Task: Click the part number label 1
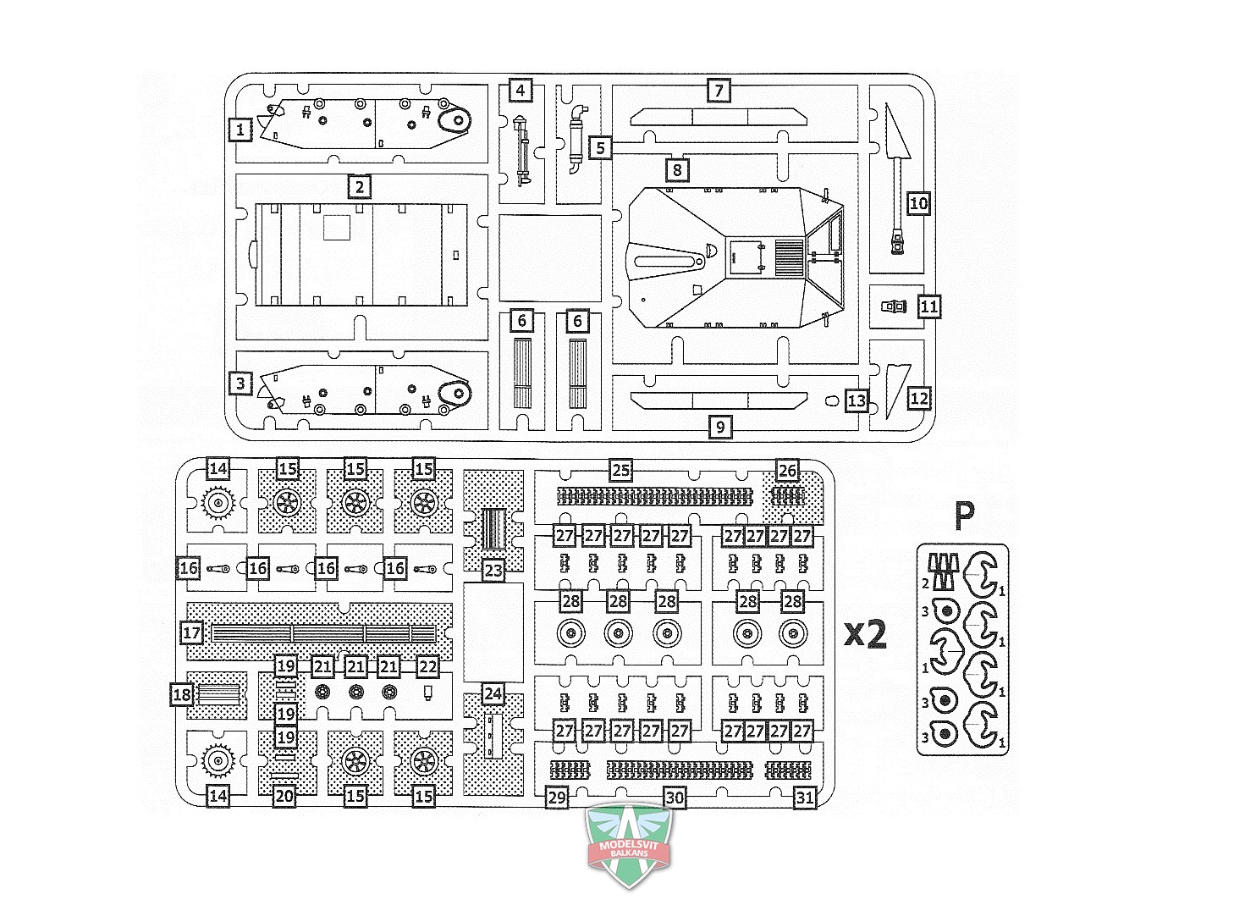click(240, 130)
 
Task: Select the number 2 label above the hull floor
click(360, 187)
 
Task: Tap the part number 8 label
click(677, 169)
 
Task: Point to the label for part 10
click(918, 203)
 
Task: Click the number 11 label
click(929, 306)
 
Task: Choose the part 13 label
click(857, 400)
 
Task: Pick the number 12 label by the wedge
click(919, 399)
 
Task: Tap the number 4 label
click(521, 91)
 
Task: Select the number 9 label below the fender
click(720, 428)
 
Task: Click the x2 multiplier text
click(865, 634)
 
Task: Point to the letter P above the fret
click(965, 515)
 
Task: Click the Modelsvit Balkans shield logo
click(629, 845)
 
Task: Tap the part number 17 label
click(191, 633)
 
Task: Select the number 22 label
click(427, 667)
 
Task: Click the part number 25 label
click(620, 470)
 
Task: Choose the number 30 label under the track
click(675, 798)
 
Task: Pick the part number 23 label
click(493, 571)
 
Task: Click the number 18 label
click(182, 695)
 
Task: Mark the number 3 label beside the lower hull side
click(240, 384)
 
